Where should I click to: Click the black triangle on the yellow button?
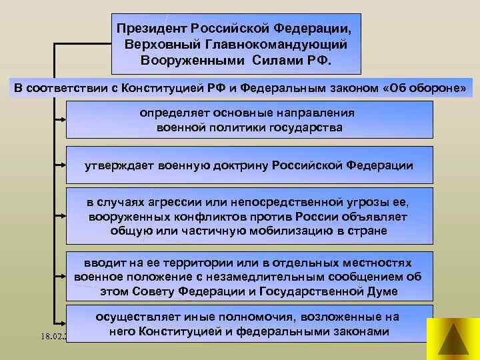452,339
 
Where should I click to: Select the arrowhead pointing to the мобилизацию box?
62,217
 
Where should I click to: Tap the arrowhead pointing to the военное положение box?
62,276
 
